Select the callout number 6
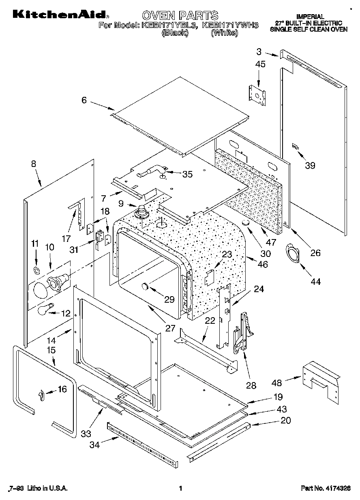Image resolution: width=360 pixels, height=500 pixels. (x=84, y=100)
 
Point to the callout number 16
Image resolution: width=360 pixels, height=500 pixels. (x=62, y=389)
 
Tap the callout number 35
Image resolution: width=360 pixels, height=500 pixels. (x=187, y=174)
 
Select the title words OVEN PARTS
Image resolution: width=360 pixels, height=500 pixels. (x=180, y=15)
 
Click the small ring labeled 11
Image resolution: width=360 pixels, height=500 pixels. (x=36, y=270)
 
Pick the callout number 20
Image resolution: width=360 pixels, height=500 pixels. (x=286, y=421)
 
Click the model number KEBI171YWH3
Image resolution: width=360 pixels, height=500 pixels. (x=230, y=25)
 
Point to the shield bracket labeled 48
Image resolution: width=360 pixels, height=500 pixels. (x=320, y=380)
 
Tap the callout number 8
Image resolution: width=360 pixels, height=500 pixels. (x=33, y=164)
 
